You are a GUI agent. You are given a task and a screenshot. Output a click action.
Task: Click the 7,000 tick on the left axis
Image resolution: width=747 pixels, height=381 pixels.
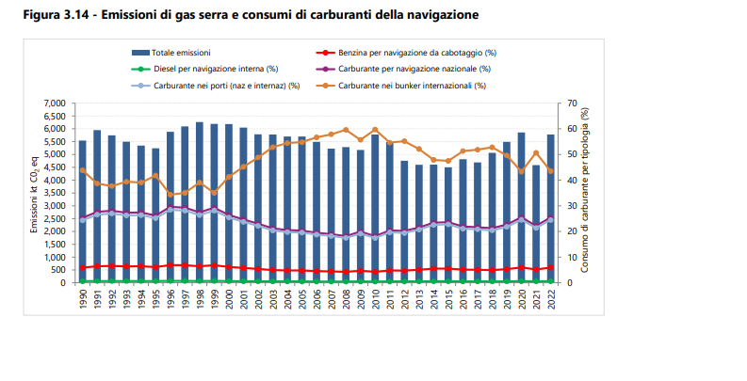55,103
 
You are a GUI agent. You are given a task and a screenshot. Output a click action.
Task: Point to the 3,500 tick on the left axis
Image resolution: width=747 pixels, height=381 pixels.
55,193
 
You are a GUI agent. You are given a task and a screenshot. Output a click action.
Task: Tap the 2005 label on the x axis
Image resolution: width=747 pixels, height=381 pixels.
301,299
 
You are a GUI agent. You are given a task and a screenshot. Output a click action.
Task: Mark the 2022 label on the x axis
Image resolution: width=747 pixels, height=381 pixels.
551,299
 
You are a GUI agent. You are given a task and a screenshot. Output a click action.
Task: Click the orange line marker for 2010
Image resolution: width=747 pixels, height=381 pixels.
375,130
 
